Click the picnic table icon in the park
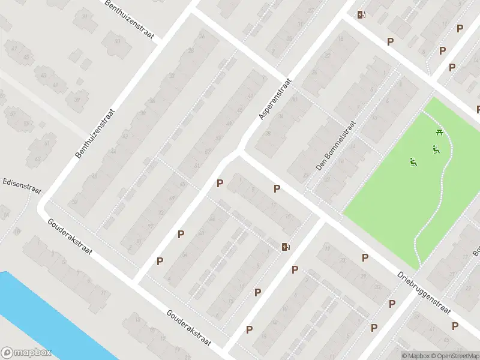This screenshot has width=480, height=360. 440,133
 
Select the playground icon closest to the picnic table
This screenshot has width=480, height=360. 435,149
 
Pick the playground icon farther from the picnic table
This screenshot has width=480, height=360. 413,161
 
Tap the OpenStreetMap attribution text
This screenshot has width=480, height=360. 456,356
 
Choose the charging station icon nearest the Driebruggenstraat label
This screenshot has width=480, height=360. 286,247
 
